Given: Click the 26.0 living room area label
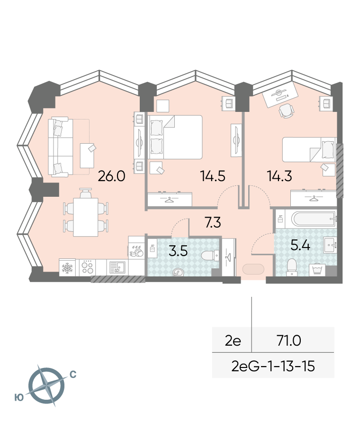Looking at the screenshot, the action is (112, 176).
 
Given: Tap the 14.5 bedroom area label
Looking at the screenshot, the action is (213, 176).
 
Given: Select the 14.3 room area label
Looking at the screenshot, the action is (279, 176).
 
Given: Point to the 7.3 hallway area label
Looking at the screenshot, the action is (213, 222).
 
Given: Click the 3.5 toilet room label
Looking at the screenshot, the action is (178, 251).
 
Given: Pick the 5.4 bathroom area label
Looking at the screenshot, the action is (300, 246).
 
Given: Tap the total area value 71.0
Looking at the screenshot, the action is (289, 341).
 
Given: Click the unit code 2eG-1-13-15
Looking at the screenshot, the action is (273, 367).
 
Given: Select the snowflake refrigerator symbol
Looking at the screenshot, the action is (67, 267).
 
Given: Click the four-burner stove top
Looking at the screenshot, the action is (87, 267).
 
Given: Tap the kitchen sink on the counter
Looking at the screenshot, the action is (117, 267).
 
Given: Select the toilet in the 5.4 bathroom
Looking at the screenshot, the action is (292, 267).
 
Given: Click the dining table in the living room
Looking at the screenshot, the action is (85, 217).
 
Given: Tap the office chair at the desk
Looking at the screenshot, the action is (286, 111).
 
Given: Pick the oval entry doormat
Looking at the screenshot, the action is (253, 269).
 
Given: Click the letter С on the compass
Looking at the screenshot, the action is (73, 375).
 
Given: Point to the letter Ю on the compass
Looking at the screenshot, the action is (19, 397).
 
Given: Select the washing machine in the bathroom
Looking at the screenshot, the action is (317, 270).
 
